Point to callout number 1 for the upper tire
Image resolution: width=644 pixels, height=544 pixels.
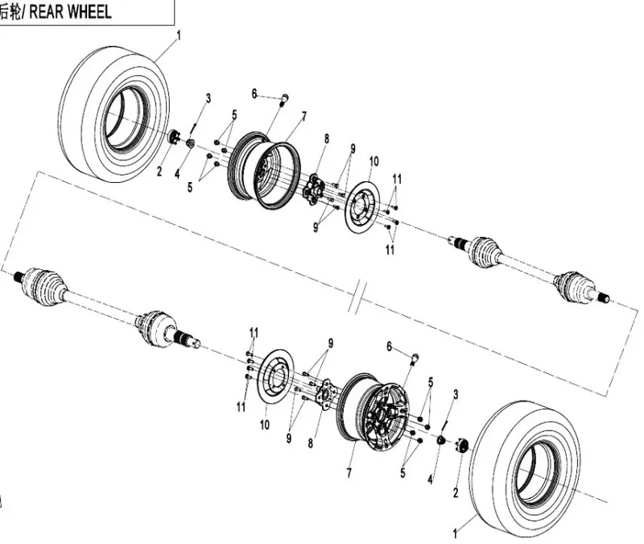pyautogui.click(x=178, y=35)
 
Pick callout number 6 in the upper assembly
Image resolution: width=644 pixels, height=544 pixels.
pyautogui.click(x=254, y=94)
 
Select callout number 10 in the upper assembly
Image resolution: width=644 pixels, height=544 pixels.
pyautogui.click(x=374, y=161)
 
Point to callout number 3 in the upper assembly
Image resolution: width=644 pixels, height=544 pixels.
pyautogui.click(x=208, y=98)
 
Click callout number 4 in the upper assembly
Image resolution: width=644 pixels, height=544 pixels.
pyautogui.click(x=176, y=173)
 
